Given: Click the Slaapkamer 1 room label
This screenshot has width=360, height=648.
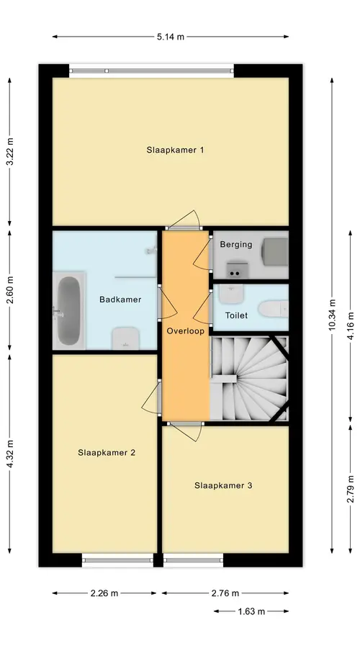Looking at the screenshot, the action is click(175, 150).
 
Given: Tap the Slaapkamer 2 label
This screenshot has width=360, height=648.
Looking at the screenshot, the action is click(107, 453).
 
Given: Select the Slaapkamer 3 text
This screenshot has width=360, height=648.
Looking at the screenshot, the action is click(223, 485).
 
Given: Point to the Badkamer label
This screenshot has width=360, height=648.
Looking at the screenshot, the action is click(120, 300).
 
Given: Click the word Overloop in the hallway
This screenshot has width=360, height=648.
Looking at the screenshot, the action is click(186, 331).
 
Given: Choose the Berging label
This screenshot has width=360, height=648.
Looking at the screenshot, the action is click(236, 244).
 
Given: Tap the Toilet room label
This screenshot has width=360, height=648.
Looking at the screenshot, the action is click(236, 315).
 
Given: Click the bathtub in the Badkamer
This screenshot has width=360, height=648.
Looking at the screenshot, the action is click(68, 311).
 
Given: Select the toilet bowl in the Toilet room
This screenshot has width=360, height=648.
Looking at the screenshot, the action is click(273, 308).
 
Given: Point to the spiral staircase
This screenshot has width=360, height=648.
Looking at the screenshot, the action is click(249, 378).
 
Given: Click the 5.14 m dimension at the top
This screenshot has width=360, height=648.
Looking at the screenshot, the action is click(171, 37).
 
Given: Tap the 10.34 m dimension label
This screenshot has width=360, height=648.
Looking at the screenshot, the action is click(332, 316).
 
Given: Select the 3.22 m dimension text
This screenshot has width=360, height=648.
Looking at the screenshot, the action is click(10, 151).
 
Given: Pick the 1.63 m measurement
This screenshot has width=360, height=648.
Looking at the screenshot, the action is click(251, 611).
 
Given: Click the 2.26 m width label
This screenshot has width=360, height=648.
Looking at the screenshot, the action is click(104, 593).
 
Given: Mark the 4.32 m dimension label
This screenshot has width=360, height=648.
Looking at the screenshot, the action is click(10, 453).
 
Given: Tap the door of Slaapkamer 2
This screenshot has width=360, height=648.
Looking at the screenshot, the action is click(152, 397).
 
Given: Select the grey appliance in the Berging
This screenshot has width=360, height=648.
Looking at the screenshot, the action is click(275, 251).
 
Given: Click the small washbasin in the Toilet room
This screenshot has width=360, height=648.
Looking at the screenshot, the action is click(231, 294).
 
